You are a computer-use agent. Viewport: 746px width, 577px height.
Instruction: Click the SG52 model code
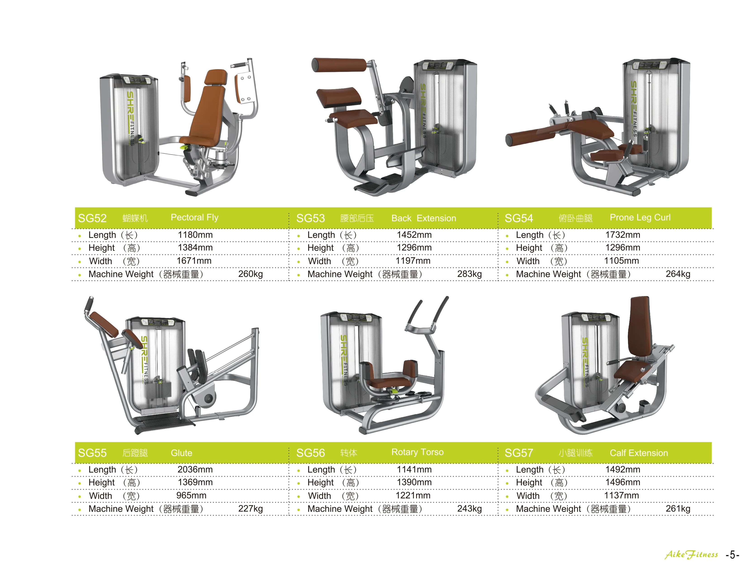[x=92, y=218]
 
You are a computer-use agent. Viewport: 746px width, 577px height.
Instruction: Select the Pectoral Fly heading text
[x=194, y=218]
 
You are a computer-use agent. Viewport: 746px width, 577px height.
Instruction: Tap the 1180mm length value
[x=195, y=235]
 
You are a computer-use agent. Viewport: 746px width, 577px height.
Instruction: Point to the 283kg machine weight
[x=469, y=274]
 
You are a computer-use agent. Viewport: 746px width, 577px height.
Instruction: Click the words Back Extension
[x=424, y=218]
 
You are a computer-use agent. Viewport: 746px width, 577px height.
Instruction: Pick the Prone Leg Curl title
[x=640, y=218]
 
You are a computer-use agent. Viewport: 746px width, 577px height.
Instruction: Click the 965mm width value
[x=191, y=495]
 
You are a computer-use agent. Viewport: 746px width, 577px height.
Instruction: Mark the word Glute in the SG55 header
[x=181, y=453]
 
